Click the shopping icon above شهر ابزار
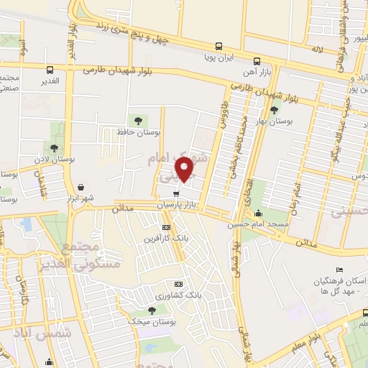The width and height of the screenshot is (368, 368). point(80,186)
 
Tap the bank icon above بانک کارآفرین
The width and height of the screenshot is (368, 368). point(166,228)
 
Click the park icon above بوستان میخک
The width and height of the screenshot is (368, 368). point(151,310)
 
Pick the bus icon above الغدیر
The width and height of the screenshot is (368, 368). point(50,70)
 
